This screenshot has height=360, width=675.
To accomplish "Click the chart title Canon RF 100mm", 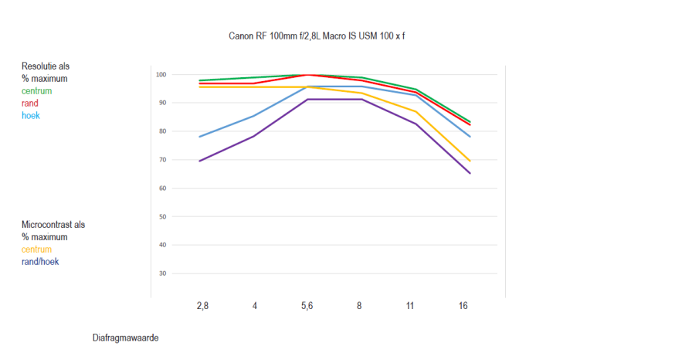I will click(317, 36).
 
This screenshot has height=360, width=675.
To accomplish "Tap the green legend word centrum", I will click(37, 91).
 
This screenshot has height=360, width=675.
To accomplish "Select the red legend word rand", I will click(30, 104).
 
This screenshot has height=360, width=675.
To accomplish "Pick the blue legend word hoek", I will click(31, 116).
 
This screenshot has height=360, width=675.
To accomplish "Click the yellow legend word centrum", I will click(37, 250).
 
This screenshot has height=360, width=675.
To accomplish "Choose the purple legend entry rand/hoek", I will click(40, 262).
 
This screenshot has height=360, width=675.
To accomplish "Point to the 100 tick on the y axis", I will click(161, 74).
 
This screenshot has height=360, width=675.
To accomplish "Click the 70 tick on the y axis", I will click(162, 160).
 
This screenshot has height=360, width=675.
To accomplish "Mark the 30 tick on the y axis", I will click(162, 273).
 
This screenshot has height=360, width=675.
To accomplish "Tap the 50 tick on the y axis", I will click(162, 216).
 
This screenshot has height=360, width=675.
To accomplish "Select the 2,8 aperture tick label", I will click(202, 306).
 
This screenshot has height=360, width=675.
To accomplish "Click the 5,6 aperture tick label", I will click(307, 306).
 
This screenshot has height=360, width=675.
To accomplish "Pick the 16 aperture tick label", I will click(463, 306).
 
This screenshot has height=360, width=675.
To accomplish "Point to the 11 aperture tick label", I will click(410, 306).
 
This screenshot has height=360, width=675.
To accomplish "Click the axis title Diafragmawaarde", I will click(125, 338).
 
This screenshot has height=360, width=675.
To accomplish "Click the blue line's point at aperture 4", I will click(255, 116).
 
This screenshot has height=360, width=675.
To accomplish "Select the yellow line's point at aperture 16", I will click(470, 161).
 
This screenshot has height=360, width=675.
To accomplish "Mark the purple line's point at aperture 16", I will click(470, 173).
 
